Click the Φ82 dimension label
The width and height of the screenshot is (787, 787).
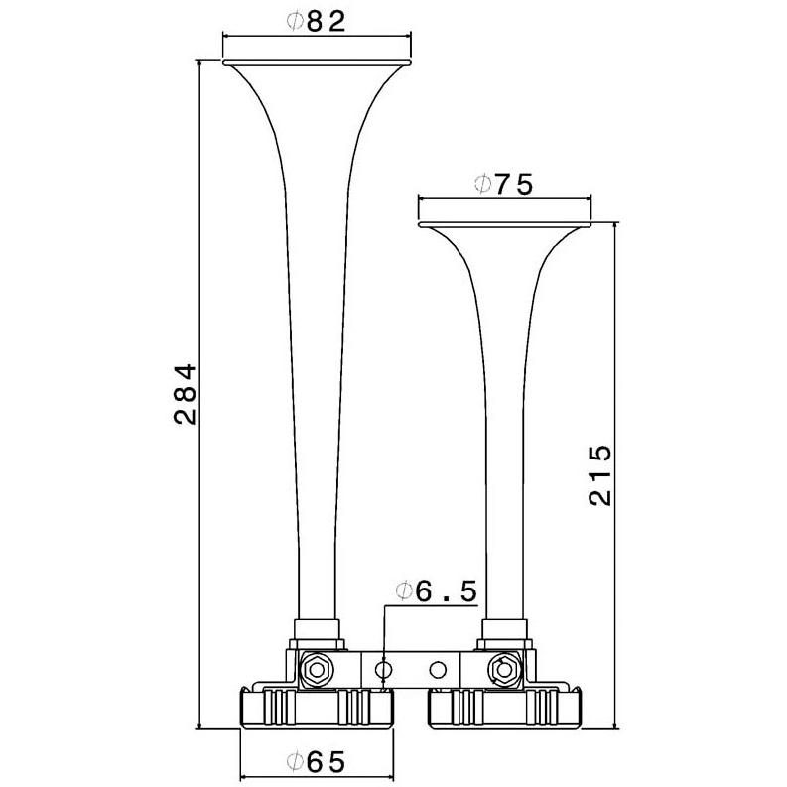click(317, 22)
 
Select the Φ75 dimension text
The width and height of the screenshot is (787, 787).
click(503, 185)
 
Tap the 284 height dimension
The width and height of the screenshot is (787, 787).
click(185, 395)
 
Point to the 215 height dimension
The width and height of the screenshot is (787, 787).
click(600, 474)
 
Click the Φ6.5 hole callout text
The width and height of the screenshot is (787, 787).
click(437, 591)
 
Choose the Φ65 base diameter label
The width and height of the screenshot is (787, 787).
click(317, 762)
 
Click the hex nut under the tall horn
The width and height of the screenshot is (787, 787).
click(317, 669)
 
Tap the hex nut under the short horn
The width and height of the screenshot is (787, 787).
click(502, 669)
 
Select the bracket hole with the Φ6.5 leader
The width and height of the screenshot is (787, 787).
click(384, 669)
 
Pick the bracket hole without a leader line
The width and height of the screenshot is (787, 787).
click(438, 669)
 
